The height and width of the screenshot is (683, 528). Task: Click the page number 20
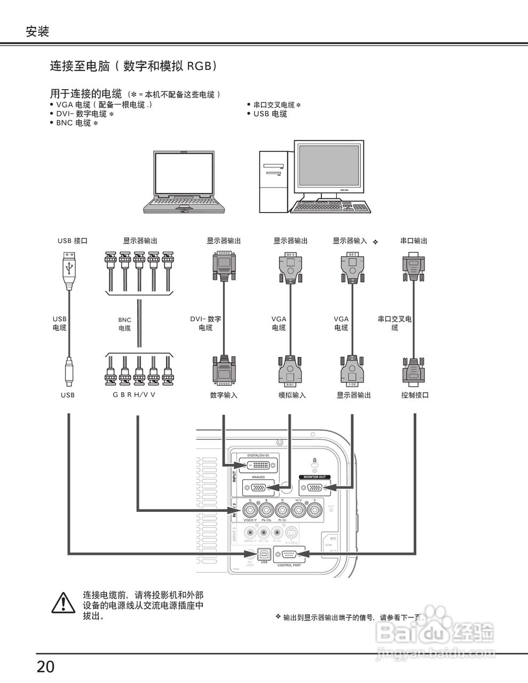(45, 666)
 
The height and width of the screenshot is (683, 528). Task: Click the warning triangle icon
(64, 602)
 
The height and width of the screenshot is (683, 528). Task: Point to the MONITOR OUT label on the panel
(314, 477)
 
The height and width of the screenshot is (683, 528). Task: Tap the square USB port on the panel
(264, 554)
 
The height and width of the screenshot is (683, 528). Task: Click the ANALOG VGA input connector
(258, 487)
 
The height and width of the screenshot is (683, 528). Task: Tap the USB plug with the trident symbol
(69, 267)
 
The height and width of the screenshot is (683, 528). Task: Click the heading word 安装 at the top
(37, 32)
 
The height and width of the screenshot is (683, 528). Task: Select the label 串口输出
(414, 241)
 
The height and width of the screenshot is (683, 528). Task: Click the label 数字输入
(224, 395)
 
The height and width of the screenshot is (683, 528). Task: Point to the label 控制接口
(415, 395)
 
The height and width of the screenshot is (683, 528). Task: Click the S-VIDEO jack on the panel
(291, 533)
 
